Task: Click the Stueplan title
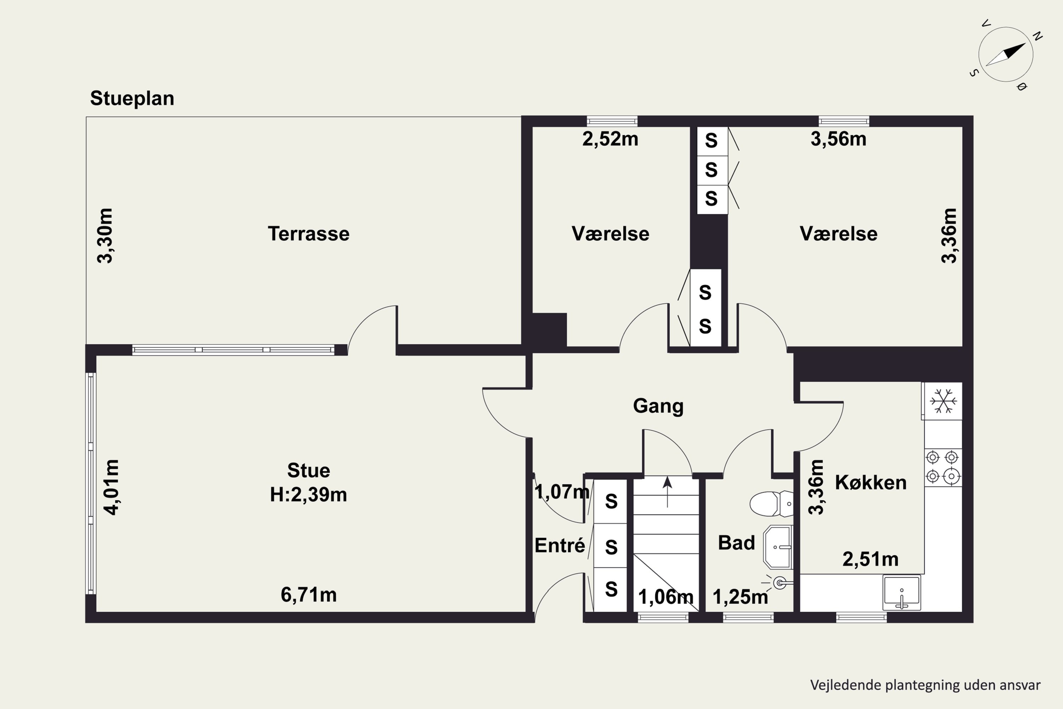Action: tap(132, 99)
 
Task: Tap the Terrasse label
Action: tap(309, 234)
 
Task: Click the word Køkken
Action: tap(871, 483)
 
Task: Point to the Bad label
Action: tap(736, 543)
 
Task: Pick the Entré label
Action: tap(559, 545)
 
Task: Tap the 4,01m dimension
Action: tap(112, 487)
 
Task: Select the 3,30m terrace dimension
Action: tap(105, 236)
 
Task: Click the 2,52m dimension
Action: tap(610, 139)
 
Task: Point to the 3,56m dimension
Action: tap(838, 139)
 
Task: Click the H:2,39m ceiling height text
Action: tap(309, 495)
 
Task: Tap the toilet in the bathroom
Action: tap(771, 504)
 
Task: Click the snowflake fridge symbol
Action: tap(943, 401)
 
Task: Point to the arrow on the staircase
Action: tap(668, 492)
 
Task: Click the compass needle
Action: tap(1005, 55)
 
